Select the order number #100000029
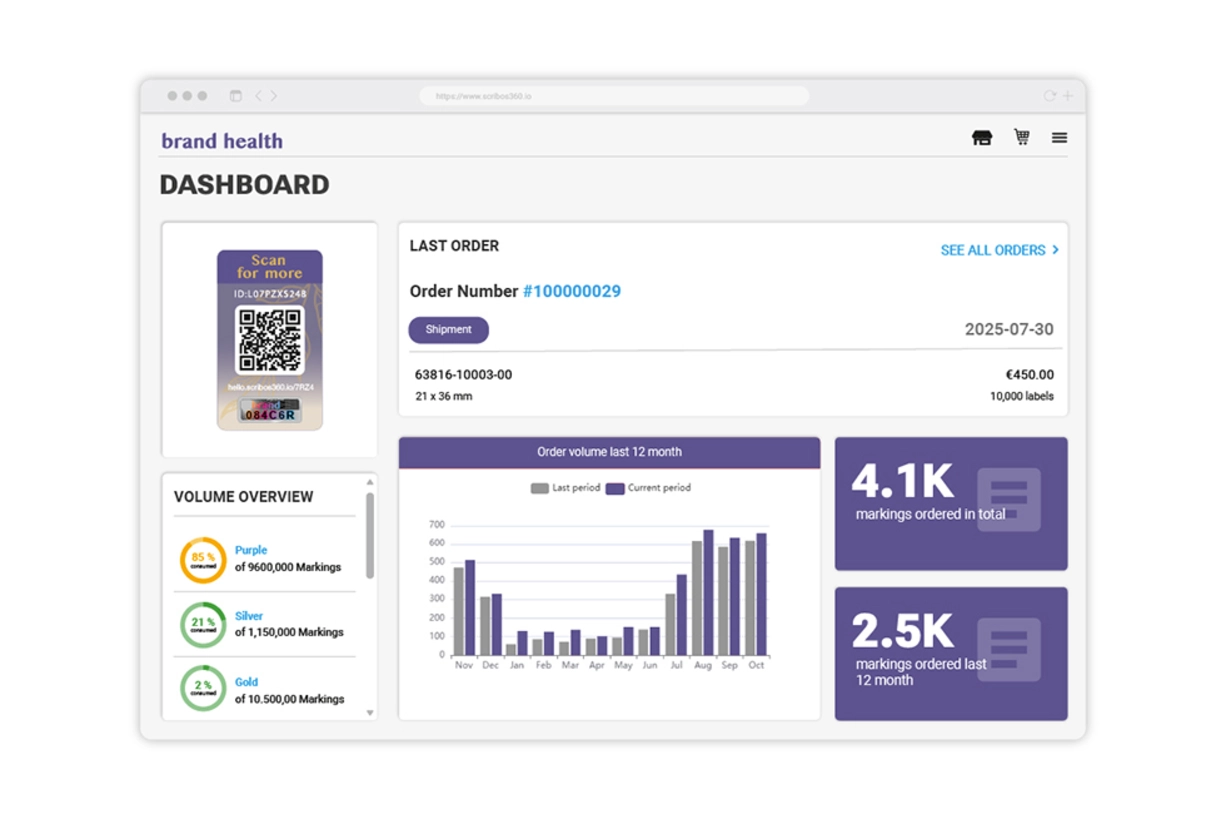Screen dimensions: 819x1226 point(571,292)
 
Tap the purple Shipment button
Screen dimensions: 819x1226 point(448,330)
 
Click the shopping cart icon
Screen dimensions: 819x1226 point(1021,137)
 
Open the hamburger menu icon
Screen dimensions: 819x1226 point(1059,138)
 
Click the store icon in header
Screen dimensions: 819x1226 point(982,138)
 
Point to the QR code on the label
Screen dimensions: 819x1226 point(269,340)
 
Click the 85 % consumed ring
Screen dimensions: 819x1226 point(203,560)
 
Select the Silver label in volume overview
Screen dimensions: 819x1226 point(249,616)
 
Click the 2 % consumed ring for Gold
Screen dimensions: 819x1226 point(203,689)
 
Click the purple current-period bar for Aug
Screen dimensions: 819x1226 point(708,592)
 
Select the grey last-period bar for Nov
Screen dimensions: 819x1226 point(459,611)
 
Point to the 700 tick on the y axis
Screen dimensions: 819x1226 point(436,524)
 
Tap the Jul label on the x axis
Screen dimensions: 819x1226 point(676,665)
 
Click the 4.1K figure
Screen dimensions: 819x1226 point(902,482)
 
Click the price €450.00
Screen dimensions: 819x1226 point(1029,375)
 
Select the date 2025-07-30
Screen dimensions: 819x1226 point(1008,330)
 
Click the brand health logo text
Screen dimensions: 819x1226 point(222,141)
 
